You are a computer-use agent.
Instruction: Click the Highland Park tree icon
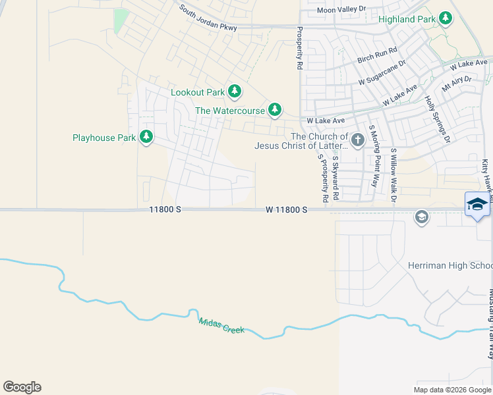click(446, 18)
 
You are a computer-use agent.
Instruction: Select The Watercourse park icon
click(275, 110)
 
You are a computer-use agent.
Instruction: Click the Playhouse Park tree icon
click(146, 138)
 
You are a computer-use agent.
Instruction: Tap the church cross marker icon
click(357, 140)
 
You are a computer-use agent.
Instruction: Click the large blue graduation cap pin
click(477, 204)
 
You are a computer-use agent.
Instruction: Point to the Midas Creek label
click(221, 325)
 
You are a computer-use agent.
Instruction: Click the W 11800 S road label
click(287, 209)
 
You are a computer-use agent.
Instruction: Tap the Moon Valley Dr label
click(341, 9)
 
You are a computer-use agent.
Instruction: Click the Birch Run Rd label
click(377, 55)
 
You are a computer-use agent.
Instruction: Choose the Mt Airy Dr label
click(457, 84)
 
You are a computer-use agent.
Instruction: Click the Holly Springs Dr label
click(437, 120)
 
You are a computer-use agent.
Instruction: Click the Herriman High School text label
click(459, 265)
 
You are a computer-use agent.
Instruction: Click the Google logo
click(22, 387)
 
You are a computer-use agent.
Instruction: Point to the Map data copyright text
click(451, 390)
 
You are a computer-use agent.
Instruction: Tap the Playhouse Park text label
click(103, 138)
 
